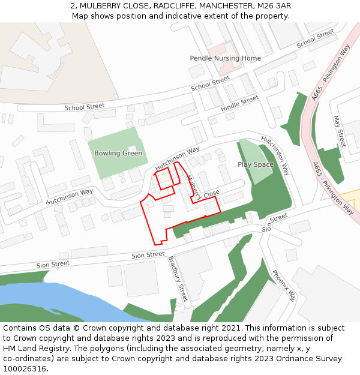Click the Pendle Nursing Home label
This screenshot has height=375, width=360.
click(225, 58)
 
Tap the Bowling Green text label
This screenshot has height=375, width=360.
click(118, 153)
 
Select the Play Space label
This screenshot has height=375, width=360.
click(255, 164)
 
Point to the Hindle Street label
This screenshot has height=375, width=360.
click(239, 103)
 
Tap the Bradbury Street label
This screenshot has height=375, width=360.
click(178, 278)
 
